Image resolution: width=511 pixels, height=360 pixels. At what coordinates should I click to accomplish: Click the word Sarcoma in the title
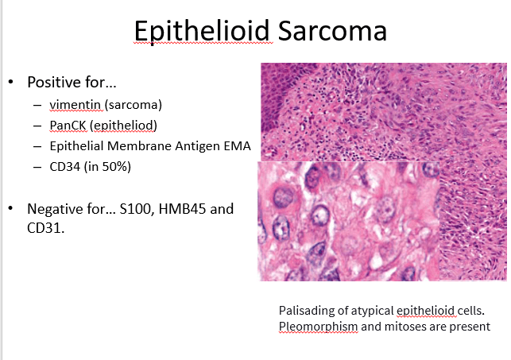point(333,31)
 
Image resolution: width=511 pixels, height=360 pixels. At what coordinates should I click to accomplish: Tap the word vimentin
point(75,105)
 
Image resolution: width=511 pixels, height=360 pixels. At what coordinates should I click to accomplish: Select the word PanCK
point(68,126)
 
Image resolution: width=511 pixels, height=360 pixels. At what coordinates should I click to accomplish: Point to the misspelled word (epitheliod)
point(123,126)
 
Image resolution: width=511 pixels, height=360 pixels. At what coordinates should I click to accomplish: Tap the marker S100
point(137,209)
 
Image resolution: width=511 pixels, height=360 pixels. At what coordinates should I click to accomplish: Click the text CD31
point(46,228)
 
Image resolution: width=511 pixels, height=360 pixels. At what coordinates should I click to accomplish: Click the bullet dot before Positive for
point(11,82)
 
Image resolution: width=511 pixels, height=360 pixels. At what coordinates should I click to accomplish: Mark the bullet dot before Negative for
point(11,208)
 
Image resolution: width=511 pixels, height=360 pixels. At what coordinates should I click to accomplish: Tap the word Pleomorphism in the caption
point(319,327)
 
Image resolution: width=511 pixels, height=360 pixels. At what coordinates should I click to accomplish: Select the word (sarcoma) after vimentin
point(134,105)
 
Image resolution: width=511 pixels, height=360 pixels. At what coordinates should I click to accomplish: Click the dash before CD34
point(37,167)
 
